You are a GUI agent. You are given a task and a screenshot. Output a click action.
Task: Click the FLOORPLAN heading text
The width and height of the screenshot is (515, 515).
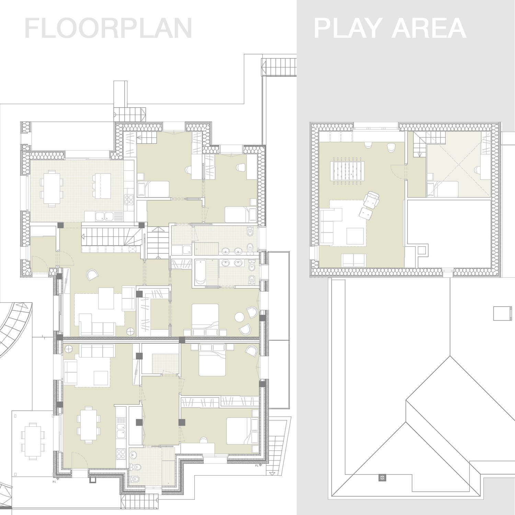(x=108, y=29)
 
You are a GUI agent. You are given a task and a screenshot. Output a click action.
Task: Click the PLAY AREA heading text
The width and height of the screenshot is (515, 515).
(x=390, y=29)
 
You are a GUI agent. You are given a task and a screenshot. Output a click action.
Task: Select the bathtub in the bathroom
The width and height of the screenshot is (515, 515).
(x=200, y=272)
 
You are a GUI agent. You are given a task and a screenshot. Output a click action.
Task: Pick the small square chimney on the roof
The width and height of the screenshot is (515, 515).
(x=382, y=478)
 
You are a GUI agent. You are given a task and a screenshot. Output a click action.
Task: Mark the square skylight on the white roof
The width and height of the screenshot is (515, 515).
(x=500, y=313)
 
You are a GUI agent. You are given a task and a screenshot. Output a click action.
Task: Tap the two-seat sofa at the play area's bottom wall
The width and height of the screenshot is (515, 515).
(x=354, y=260)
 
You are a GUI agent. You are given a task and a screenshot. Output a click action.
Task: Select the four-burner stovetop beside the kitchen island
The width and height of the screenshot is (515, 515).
(x=129, y=199)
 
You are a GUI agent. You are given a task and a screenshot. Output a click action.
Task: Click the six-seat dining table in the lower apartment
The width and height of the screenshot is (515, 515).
(x=89, y=424)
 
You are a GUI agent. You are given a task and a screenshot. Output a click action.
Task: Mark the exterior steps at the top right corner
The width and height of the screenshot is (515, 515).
(x=279, y=67)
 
